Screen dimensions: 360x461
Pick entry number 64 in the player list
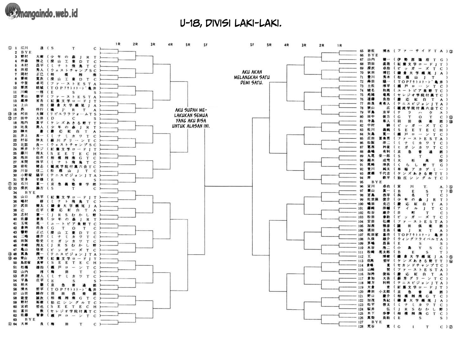click(x=15, y=324)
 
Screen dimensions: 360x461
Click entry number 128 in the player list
click(x=361, y=326)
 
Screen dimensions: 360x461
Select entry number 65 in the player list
click(x=362, y=51)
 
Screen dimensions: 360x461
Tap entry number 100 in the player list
click(x=361, y=204)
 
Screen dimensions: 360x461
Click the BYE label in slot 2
click(x=26, y=52)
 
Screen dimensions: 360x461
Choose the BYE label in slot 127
click(x=377, y=322)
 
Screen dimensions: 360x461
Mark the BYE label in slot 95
click(x=377, y=182)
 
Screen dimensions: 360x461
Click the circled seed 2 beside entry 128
click(x=451, y=327)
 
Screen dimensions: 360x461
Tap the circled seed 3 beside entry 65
click(x=451, y=51)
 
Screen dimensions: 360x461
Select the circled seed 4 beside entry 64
click(x=10, y=324)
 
